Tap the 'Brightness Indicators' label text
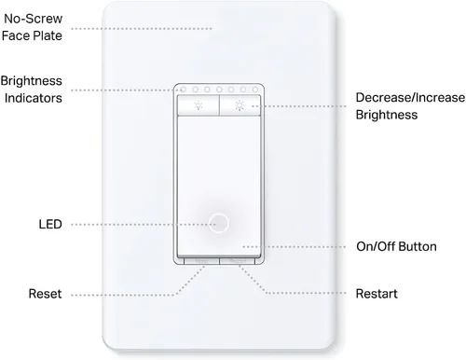point(33,89)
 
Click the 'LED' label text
point(51,225)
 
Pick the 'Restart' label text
point(377,294)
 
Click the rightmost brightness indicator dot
point(261,91)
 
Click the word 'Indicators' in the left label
point(33,97)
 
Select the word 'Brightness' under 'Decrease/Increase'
point(386,115)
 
